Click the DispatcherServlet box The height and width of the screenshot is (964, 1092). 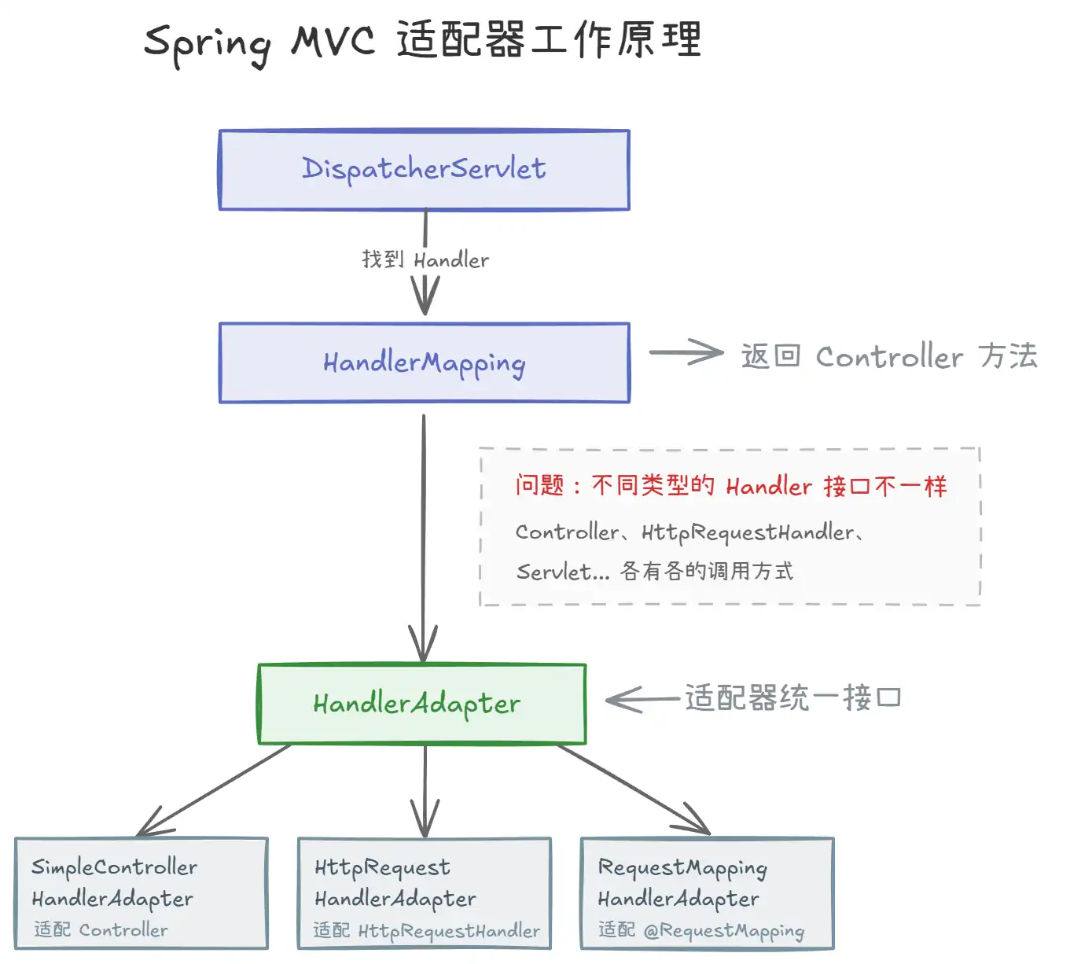[x=425, y=169]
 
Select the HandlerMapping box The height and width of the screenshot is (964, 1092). [x=425, y=362]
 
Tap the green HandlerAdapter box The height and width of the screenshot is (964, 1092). [x=422, y=704]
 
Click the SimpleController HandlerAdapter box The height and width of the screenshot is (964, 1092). [x=142, y=892]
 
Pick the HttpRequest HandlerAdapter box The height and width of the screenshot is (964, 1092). [x=425, y=892]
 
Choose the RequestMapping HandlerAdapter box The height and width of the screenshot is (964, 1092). [x=707, y=892]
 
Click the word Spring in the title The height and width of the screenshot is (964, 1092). [x=208, y=44]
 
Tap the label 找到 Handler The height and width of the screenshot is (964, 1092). [x=425, y=259]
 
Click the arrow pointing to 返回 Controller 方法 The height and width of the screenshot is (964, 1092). [x=686, y=352]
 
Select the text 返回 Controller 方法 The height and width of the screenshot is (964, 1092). [x=889, y=356]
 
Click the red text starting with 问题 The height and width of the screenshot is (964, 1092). [x=731, y=485]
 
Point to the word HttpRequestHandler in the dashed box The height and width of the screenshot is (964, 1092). [x=748, y=532]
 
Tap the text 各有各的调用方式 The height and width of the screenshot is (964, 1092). [x=707, y=571]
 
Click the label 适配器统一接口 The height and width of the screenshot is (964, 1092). [x=792, y=697]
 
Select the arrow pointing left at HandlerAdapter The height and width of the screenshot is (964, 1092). [x=642, y=699]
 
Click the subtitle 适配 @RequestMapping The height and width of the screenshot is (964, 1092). [x=701, y=930]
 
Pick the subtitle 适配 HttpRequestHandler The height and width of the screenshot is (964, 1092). [x=426, y=930]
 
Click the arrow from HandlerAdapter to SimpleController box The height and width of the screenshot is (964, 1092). [x=214, y=790]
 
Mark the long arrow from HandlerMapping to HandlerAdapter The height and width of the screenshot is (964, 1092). [x=423, y=538]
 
